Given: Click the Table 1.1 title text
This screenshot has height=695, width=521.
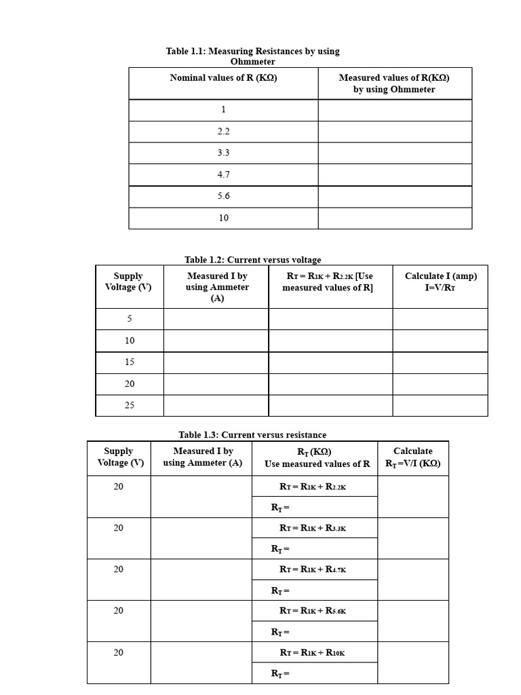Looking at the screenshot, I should (x=252, y=56).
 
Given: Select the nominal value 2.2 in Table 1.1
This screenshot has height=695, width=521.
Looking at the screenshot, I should (x=223, y=132).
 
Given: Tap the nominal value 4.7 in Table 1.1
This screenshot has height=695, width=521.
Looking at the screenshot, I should (x=223, y=174).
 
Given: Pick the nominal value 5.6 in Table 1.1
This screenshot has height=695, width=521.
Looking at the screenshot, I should (x=223, y=196).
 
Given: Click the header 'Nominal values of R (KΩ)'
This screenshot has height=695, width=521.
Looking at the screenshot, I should (x=223, y=78).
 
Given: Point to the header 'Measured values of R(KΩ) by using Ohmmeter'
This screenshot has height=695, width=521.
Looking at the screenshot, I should (x=394, y=83).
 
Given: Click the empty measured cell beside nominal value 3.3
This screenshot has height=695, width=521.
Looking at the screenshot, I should (x=395, y=153).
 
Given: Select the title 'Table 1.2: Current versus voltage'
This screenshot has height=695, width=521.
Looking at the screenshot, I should (x=252, y=260).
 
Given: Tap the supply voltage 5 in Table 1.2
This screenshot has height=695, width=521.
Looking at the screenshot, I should (x=130, y=319).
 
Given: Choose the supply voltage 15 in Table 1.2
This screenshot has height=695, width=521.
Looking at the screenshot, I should (x=130, y=362).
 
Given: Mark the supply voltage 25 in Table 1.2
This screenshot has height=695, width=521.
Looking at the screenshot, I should (x=130, y=405).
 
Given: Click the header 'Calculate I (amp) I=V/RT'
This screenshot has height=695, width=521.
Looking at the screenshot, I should (x=440, y=282).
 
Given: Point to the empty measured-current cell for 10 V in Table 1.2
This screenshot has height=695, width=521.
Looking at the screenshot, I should (x=216, y=341).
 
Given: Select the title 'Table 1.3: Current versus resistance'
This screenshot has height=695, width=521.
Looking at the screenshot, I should (x=252, y=435).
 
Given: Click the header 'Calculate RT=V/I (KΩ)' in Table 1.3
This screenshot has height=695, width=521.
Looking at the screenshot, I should (x=412, y=457).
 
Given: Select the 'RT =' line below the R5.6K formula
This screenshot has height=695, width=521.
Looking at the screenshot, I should (x=280, y=633).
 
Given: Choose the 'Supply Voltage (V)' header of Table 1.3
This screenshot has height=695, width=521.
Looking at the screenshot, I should (x=119, y=457).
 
